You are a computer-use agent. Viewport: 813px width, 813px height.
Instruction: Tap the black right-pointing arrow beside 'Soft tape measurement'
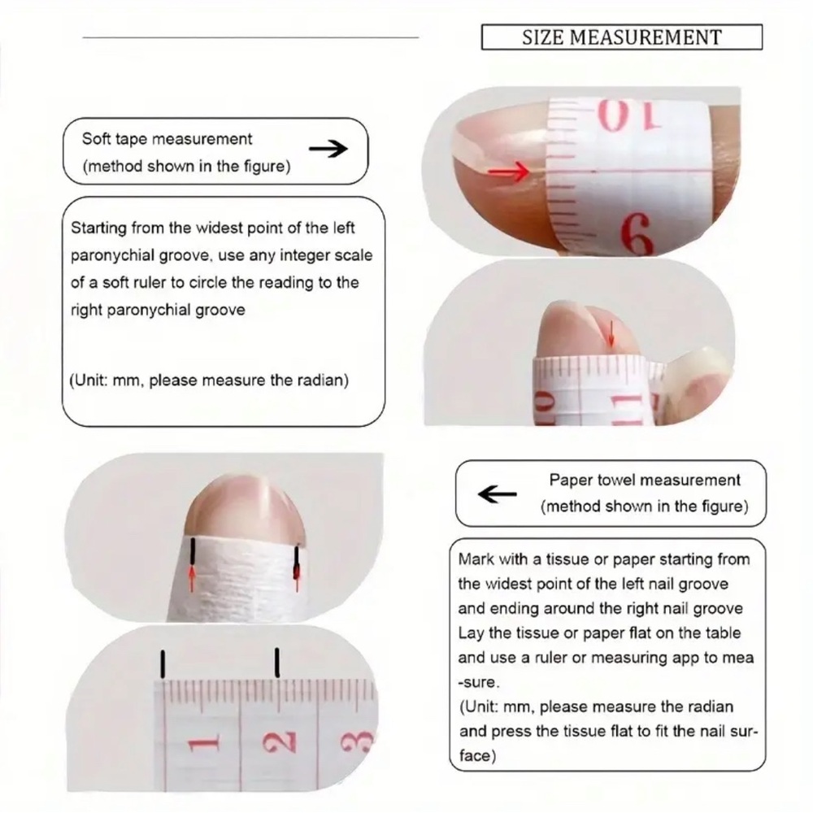328,150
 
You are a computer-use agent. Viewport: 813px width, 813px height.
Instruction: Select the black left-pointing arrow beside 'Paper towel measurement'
497,494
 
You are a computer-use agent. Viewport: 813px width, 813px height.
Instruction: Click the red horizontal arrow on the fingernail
509,172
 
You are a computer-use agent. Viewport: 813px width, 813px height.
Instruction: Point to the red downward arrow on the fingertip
611,333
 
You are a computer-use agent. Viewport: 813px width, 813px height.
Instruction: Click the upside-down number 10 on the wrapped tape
630,116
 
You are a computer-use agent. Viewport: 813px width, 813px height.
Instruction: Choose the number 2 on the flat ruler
279,741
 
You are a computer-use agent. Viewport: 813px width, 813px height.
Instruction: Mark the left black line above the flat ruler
163,663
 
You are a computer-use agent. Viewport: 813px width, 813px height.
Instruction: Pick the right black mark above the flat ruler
277,662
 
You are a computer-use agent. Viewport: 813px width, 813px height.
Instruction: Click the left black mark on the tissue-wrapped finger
193,551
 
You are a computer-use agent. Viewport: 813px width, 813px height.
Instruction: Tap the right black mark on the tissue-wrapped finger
297,562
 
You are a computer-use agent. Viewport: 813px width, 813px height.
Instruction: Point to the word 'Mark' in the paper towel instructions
475,559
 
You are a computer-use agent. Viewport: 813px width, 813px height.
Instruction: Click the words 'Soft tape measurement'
167,139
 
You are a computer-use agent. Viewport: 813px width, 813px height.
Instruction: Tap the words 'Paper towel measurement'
645,480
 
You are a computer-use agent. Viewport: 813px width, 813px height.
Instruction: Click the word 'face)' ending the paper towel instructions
477,756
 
